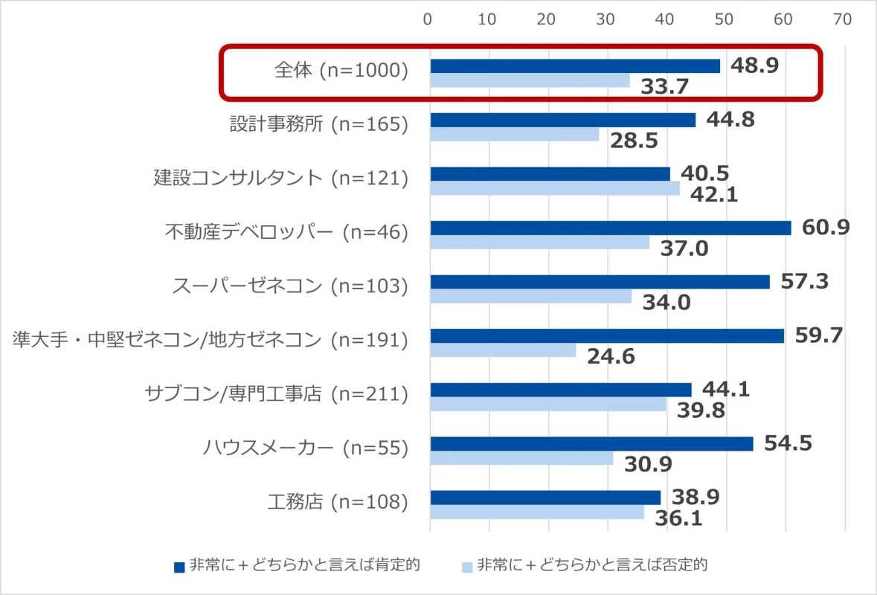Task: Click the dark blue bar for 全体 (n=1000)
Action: click(x=575, y=66)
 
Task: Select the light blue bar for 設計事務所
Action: click(x=515, y=135)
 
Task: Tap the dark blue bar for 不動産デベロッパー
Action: click(x=611, y=228)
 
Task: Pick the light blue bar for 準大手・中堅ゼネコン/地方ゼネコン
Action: click(x=504, y=350)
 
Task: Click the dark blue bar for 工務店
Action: click(x=545, y=498)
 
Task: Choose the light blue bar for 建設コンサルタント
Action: click(x=555, y=188)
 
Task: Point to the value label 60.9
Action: click(x=826, y=228)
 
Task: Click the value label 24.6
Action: click(x=611, y=357)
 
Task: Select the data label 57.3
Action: click(x=804, y=282)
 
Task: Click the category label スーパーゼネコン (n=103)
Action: click(x=290, y=286)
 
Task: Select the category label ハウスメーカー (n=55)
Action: click(x=306, y=448)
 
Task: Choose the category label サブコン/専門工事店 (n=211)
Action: click(x=276, y=393)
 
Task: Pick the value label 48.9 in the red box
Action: click(x=754, y=65)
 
